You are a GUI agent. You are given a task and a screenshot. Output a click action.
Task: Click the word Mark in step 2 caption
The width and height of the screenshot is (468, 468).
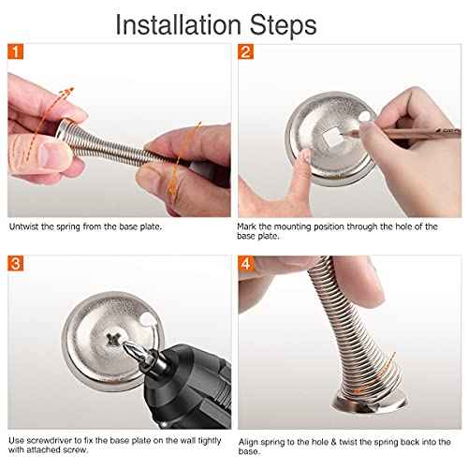tap(248, 227)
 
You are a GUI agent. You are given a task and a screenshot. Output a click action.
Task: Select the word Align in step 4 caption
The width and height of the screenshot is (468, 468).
tap(249, 440)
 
